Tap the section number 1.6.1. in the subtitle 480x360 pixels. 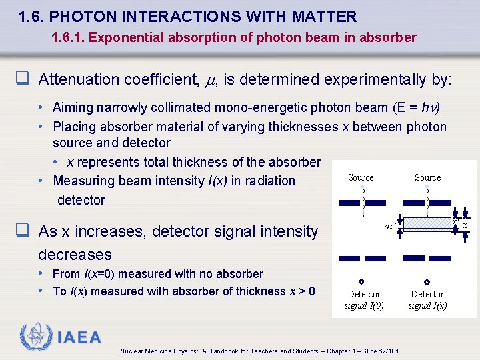point(68,38)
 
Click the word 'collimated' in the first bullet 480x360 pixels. point(172,107)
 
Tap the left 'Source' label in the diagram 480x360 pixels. point(361,177)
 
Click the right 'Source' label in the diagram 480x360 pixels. point(427,177)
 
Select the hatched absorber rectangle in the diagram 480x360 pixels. point(427,225)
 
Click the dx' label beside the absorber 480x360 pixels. point(390,226)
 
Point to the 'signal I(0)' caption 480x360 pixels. point(364,306)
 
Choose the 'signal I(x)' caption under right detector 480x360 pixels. point(427,306)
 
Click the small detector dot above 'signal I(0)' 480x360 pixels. point(361,282)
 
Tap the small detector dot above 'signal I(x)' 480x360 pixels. point(427,282)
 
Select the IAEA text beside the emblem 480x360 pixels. point(79,338)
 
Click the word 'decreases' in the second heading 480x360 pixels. point(75,255)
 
